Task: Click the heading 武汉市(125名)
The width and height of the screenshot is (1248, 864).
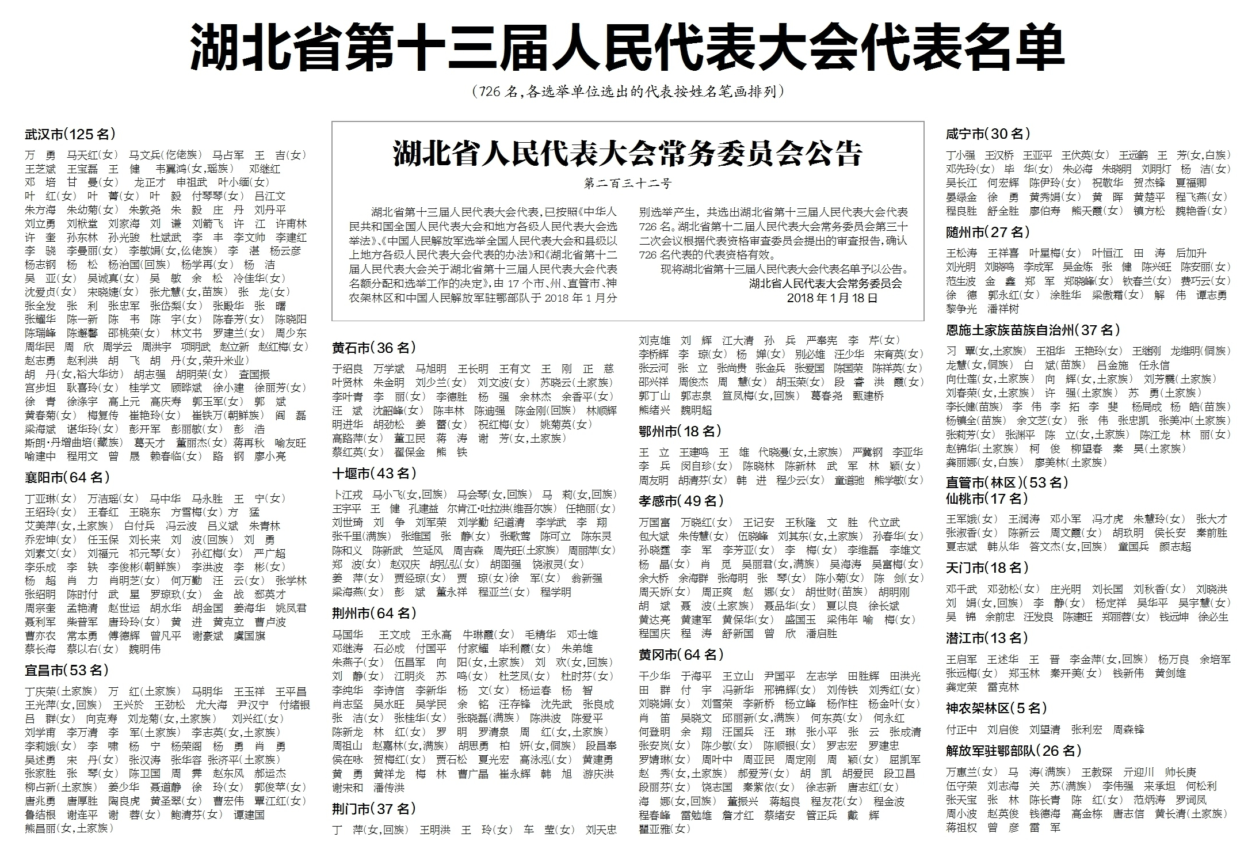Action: [x=70, y=135]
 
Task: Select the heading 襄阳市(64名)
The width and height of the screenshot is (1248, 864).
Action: [x=67, y=477]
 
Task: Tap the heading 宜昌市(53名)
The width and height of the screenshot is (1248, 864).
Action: [x=67, y=670]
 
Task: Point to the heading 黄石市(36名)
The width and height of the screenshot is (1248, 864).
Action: [x=374, y=348]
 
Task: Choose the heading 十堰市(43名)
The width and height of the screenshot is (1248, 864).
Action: [x=375, y=473]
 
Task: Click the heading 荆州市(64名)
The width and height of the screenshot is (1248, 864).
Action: [x=375, y=613]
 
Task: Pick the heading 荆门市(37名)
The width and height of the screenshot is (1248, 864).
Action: [x=375, y=809]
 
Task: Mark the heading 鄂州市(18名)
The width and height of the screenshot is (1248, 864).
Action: [x=680, y=431]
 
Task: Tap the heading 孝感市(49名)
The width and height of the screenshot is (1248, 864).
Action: [x=681, y=501]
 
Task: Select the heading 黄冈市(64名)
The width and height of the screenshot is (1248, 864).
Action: [x=681, y=654]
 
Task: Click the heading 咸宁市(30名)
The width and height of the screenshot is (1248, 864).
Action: [x=988, y=134]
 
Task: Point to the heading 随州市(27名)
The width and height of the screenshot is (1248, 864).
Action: [x=988, y=233]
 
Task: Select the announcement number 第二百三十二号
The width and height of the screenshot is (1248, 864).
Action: [x=628, y=184]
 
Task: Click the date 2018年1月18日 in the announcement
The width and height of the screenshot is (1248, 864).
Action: [x=833, y=298]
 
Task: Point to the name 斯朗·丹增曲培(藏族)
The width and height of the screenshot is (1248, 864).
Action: [x=74, y=443]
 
